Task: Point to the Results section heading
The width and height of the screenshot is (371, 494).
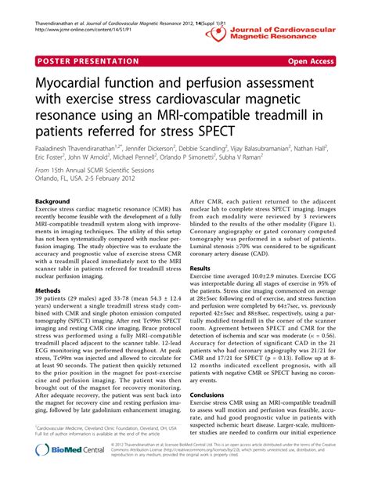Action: point(200,269)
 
